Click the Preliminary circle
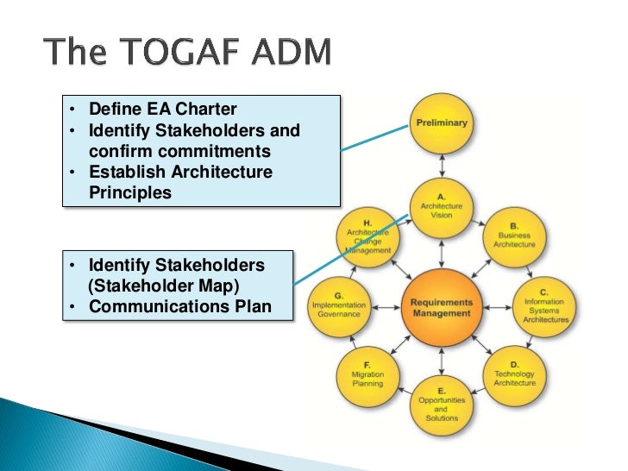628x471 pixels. point(442,125)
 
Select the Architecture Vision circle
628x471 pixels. point(442,206)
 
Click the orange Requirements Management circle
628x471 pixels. point(442,307)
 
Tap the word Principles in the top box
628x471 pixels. point(130,192)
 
